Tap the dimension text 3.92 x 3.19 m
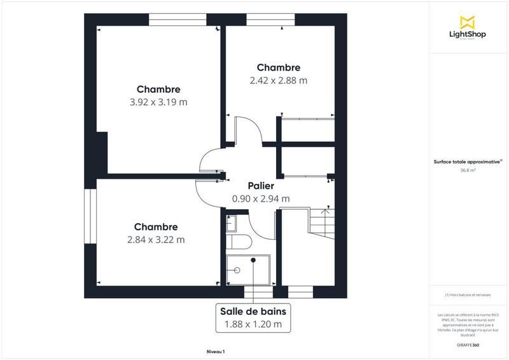click(158, 102)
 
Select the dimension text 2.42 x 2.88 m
click(278, 81)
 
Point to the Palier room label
click(261, 186)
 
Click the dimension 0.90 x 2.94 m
click(261, 198)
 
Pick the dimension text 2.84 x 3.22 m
click(156, 240)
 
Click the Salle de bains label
click(253, 311)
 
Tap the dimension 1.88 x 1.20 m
click(253, 324)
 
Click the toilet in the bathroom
click(241, 242)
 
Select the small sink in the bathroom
click(231, 222)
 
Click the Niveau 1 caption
click(216, 352)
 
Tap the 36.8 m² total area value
click(468, 170)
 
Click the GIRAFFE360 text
click(468, 345)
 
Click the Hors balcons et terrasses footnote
click(468, 295)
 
